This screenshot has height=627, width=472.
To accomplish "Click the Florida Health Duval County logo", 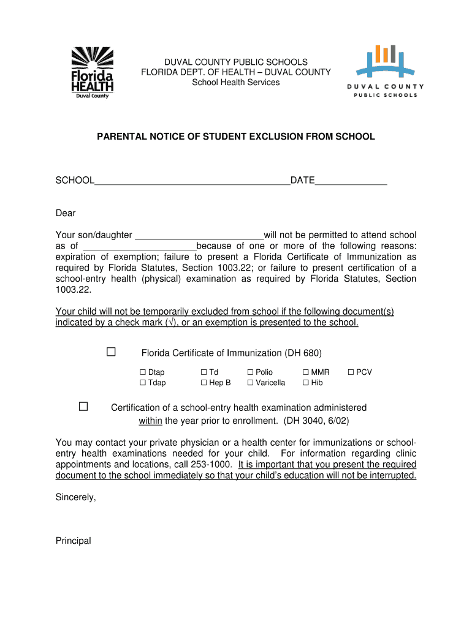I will click(x=93, y=72).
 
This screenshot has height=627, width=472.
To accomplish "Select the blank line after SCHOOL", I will click(x=192, y=181).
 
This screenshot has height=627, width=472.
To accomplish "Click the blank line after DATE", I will click(x=351, y=181).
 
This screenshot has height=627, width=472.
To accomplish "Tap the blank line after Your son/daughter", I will click(x=199, y=236).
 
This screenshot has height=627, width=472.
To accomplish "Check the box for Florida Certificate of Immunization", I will click(x=111, y=352).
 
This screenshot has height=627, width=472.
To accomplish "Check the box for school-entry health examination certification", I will click(x=83, y=407).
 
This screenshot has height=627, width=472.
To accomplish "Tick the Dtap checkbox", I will click(x=143, y=372).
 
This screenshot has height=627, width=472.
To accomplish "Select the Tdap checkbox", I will click(x=143, y=383).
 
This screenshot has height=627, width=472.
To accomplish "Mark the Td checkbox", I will click(x=204, y=372).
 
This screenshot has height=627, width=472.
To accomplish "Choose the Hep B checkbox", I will click(x=204, y=383).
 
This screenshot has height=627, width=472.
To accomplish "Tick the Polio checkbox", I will click(x=250, y=372).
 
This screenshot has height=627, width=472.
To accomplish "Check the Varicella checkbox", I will click(x=250, y=383).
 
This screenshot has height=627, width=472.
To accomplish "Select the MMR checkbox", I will click(x=305, y=372).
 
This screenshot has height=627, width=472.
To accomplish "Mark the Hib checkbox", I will click(x=305, y=383).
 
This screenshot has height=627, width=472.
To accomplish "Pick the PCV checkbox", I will click(x=351, y=372).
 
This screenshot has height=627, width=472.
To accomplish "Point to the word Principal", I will click(x=73, y=541).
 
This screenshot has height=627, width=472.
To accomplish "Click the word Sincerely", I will click(x=75, y=497).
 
